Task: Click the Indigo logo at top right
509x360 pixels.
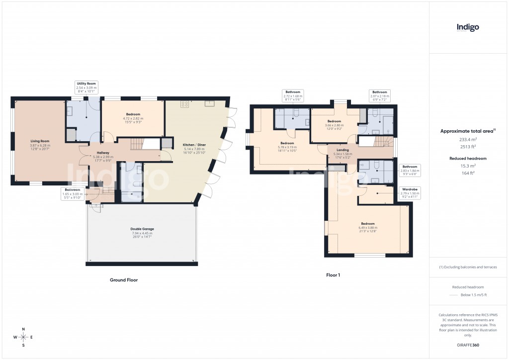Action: (x=468, y=28)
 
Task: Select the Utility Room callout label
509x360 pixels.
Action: (x=86, y=88)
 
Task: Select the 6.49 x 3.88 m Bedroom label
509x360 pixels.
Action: (x=368, y=227)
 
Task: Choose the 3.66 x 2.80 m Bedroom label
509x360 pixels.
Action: (x=334, y=124)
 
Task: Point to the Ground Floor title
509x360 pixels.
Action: (x=124, y=280)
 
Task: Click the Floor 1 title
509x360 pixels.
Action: (x=333, y=274)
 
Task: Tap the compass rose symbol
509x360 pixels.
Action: (x=23, y=338)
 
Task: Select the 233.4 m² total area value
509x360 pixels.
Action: (x=467, y=140)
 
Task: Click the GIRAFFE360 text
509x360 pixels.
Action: (x=468, y=345)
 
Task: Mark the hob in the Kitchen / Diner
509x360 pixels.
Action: (x=185, y=104)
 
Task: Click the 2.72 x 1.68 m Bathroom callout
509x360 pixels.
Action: (x=292, y=95)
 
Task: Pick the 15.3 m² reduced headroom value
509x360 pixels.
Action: (x=467, y=166)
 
